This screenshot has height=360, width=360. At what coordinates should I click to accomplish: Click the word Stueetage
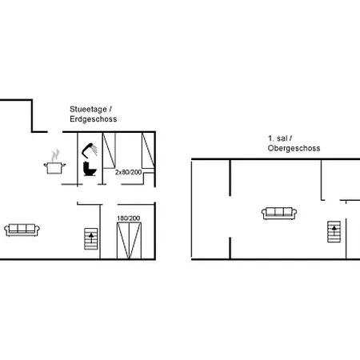point(88,110)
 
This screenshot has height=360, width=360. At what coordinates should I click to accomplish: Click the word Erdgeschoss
point(94,119)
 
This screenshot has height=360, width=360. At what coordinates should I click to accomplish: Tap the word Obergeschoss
point(294,148)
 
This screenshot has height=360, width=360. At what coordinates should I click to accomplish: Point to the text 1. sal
point(278,138)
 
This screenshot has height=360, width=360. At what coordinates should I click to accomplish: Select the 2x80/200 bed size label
point(128,172)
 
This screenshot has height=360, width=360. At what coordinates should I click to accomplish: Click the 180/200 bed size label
point(129,218)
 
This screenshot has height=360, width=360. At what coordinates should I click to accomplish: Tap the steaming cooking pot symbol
point(54,162)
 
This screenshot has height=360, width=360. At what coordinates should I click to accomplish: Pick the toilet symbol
point(90,169)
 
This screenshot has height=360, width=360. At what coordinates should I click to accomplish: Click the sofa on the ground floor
point(22,230)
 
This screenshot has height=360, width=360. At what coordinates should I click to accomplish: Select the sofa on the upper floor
point(279,214)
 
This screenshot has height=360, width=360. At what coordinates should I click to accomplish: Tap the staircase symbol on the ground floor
point(91,239)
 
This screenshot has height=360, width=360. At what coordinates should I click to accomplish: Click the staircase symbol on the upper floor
point(334,232)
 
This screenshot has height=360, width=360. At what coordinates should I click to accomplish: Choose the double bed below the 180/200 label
point(129,241)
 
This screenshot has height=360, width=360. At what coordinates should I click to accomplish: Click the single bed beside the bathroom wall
point(109,150)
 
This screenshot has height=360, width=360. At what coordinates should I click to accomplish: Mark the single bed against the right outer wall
point(148,150)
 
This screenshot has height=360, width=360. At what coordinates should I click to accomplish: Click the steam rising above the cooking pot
point(55,155)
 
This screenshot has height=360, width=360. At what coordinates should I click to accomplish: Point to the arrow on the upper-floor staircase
point(334,230)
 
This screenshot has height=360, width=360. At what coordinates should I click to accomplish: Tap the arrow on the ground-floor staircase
point(91,238)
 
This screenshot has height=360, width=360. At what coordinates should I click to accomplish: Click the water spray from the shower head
point(94,150)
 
